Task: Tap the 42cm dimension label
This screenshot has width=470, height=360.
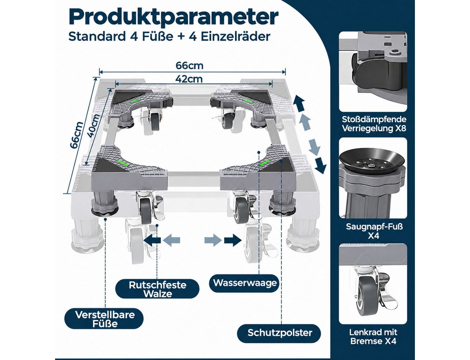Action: coord(189,79)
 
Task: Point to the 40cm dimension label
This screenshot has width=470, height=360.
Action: coord(93,126)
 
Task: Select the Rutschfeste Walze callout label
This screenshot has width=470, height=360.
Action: coord(157,289)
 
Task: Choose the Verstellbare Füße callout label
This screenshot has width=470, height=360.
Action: coord(105,319)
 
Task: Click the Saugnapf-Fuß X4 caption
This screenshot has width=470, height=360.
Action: coord(374,231)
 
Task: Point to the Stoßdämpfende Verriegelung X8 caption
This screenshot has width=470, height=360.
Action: coord(374,124)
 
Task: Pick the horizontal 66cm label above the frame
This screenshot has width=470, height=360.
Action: coord(189,65)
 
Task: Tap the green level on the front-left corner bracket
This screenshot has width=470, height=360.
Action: coord(122,162)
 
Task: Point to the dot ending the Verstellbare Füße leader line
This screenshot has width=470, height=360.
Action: coord(105,219)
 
